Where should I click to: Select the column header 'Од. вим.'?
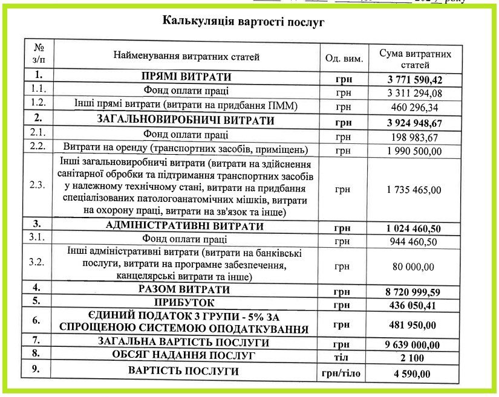pyautogui.click(x=344, y=59)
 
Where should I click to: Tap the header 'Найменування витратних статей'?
pyautogui.click(x=186, y=57)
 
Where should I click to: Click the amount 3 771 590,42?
pyautogui.click(x=414, y=79)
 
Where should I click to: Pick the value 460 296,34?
pyautogui.click(x=414, y=108)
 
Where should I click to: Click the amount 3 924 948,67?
pyautogui.click(x=414, y=122)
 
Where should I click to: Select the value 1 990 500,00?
pyautogui.click(x=414, y=149)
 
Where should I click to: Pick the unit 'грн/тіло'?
pyautogui.click(x=344, y=373)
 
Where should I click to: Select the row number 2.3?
pyautogui.click(x=38, y=185)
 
